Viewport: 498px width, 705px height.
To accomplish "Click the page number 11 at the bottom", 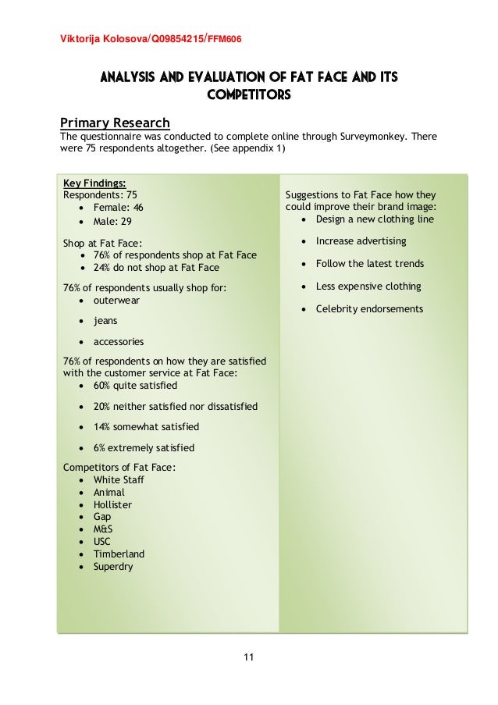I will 249,657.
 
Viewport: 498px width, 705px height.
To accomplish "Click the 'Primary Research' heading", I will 115,123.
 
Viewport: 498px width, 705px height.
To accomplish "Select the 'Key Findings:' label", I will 94,183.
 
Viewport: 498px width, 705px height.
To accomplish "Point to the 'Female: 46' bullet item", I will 119,208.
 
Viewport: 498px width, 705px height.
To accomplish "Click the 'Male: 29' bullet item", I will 113,222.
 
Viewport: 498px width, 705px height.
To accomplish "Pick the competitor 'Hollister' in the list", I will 112,504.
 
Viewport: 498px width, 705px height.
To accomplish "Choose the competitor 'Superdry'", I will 113,567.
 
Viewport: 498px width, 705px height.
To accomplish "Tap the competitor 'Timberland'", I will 119,554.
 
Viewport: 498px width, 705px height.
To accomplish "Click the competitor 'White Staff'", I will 119,479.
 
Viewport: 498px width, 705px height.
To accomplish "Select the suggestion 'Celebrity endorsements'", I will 369,309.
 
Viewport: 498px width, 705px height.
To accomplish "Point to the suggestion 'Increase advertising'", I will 361,241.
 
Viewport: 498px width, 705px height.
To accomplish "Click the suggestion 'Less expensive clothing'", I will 368,287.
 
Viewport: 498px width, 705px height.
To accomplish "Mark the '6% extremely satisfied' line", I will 144,448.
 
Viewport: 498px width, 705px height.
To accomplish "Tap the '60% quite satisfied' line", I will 135,386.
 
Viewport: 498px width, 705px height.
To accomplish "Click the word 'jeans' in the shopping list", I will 107,320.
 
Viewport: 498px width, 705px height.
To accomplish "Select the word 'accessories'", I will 119,342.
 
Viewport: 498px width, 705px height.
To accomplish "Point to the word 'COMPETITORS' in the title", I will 249,95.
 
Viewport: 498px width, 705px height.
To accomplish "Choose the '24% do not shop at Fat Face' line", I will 156,267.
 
